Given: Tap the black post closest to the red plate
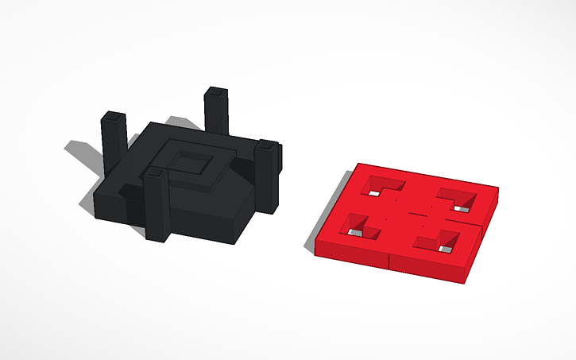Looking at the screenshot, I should [268, 179].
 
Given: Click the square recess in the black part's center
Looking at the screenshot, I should [189, 165].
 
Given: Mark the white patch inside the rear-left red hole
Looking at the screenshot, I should [374, 192].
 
